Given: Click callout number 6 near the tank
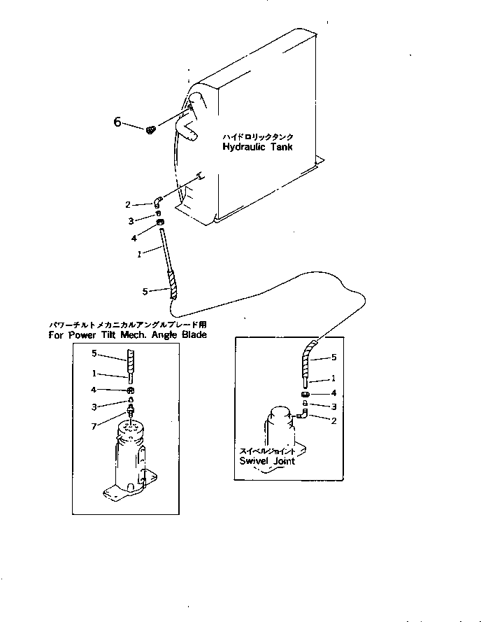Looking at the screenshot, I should (x=117, y=122).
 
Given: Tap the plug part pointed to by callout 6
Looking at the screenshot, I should (x=150, y=129).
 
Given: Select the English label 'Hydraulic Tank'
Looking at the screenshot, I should (x=257, y=148).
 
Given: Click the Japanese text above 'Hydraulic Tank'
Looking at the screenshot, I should (x=257, y=137).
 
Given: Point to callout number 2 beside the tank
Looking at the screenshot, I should (x=128, y=204).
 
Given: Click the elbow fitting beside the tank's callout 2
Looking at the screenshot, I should (x=159, y=202).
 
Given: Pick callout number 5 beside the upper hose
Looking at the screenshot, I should (x=145, y=292).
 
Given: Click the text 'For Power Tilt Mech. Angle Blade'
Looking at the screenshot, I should (x=128, y=335).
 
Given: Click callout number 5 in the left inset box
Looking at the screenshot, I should (x=94, y=353).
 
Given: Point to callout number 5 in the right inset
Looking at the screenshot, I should (x=333, y=358).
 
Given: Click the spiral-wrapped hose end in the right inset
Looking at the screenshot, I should (x=308, y=357).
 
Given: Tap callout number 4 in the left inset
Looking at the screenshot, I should (x=94, y=390).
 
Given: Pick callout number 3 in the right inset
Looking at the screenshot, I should (x=333, y=406).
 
